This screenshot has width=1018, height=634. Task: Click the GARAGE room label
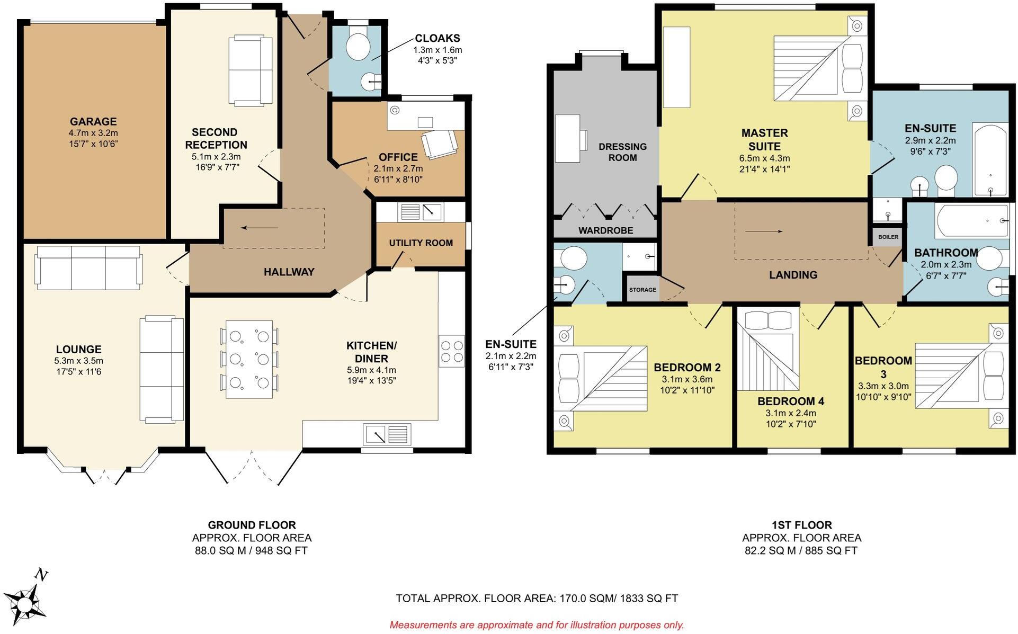click(93, 122)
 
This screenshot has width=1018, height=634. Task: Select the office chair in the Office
click(439, 144)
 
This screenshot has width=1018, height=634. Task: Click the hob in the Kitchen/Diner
click(451, 351)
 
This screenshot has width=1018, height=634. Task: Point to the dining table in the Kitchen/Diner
click(249, 359)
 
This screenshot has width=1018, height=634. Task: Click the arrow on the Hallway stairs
click(259, 228)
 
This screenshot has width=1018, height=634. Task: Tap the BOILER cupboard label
click(888, 237)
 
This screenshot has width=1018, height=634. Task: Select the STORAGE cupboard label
click(642, 290)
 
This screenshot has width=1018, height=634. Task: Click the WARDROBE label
click(605, 231)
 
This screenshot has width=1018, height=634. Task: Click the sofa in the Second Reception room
click(250, 70)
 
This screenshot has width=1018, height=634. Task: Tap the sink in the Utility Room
click(422, 212)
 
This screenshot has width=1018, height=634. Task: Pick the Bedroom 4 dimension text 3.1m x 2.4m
click(790, 413)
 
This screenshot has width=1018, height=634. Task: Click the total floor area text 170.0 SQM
click(537, 599)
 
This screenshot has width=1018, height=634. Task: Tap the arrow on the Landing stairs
click(763, 231)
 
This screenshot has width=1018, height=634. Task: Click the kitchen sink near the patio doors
click(387, 434)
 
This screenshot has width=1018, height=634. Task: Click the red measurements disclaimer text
click(537, 625)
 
